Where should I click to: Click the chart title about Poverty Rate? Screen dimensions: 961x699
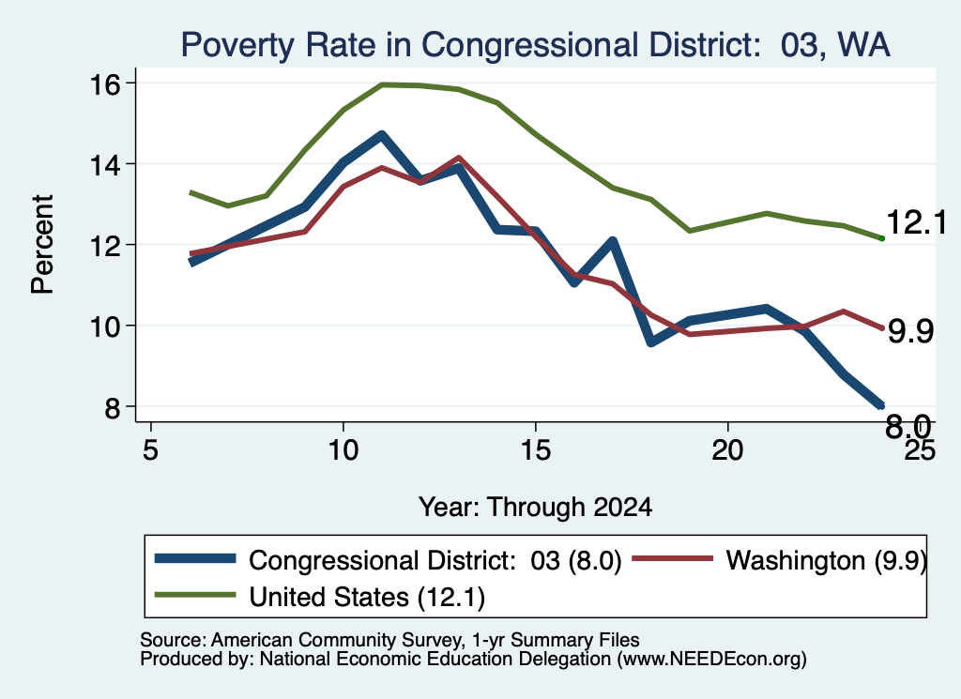[x=535, y=45]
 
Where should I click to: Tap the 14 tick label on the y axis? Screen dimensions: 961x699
[x=105, y=164]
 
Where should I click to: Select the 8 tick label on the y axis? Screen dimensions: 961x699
[x=113, y=407]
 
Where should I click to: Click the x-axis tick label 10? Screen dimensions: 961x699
[x=343, y=450]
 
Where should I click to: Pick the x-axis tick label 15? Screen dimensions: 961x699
[x=536, y=450]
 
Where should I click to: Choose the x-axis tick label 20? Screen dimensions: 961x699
[x=727, y=450]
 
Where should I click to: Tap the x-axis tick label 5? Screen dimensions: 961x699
[x=151, y=450]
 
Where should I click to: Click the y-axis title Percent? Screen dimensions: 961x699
[x=42, y=245]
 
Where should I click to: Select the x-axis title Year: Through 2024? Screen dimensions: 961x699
[x=535, y=508]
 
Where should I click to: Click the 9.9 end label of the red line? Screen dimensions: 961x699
[x=910, y=331]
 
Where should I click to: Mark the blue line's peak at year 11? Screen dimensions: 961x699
[x=381, y=135]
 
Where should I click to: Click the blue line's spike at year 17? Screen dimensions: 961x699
[x=612, y=242]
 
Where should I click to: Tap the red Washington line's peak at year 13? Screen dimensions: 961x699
[x=458, y=158]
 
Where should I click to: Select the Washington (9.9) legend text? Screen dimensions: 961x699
[x=826, y=560]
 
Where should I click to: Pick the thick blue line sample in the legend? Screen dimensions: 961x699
[x=195, y=558]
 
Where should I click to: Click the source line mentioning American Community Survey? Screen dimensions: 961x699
[x=389, y=640]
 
